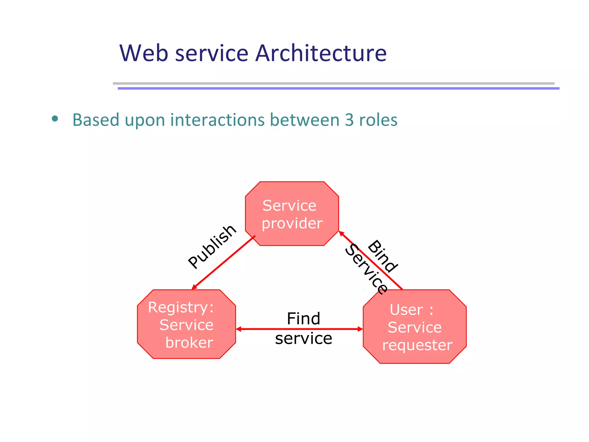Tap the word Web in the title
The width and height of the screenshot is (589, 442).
[x=144, y=53]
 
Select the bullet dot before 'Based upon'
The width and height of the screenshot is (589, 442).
[x=55, y=119]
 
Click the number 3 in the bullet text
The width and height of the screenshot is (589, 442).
[x=349, y=120]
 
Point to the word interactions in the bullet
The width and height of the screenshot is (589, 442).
[x=217, y=120]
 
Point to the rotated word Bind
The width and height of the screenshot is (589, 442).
[x=383, y=256]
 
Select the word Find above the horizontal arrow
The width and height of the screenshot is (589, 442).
[x=303, y=319]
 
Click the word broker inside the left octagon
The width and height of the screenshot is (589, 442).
[x=189, y=343]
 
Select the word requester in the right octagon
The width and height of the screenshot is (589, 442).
[x=417, y=345]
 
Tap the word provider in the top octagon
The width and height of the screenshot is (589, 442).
[x=292, y=223]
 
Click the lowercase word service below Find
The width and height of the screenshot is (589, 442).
[x=303, y=338]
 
